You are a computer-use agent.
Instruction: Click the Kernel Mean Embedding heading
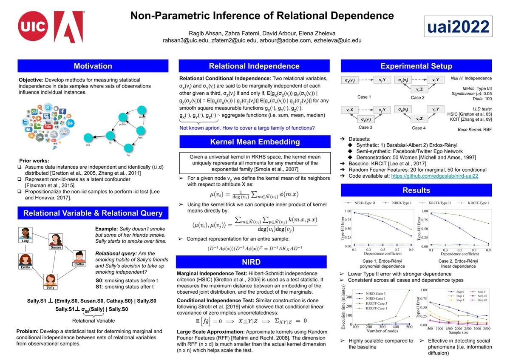[254, 142]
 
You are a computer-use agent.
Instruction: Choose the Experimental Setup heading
[416, 66]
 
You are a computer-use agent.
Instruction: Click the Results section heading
[416, 190]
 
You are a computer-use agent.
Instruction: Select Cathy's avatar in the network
[79, 257]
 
